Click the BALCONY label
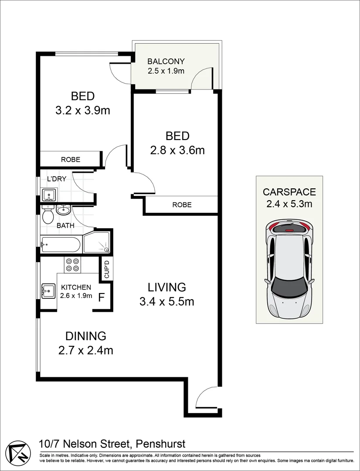pyautogui.click(x=166, y=61)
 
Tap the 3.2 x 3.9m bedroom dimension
pyautogui.click(x=82, y=110)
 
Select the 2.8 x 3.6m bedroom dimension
pyautogui.click(x=177, y=150)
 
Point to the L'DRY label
pyautogui.click(x=57, y=179)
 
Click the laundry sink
pyautogui.click(x=48, y=195)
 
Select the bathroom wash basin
pyautogui.click(x=63, y=209)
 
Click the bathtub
pyautogui.click(x=61, y=245)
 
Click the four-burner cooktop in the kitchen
pyautogui.click(x=72, y=265)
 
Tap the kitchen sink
pyautogui.click(x=48, y=291)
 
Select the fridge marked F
pyautogui.click(x=102, y=298)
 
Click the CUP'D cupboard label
pyautogui.click(x=107, y=269)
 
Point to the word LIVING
pyautogui.click(x=167, y=287)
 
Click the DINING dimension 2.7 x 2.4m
pyautogui.click(x=85, y=350)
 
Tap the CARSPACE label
pyautogui.click(x=289, y=191)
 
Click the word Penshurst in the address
pyautogui.click(x=161, y=444)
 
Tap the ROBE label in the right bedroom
pyautogui.click(x=182, y=205)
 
